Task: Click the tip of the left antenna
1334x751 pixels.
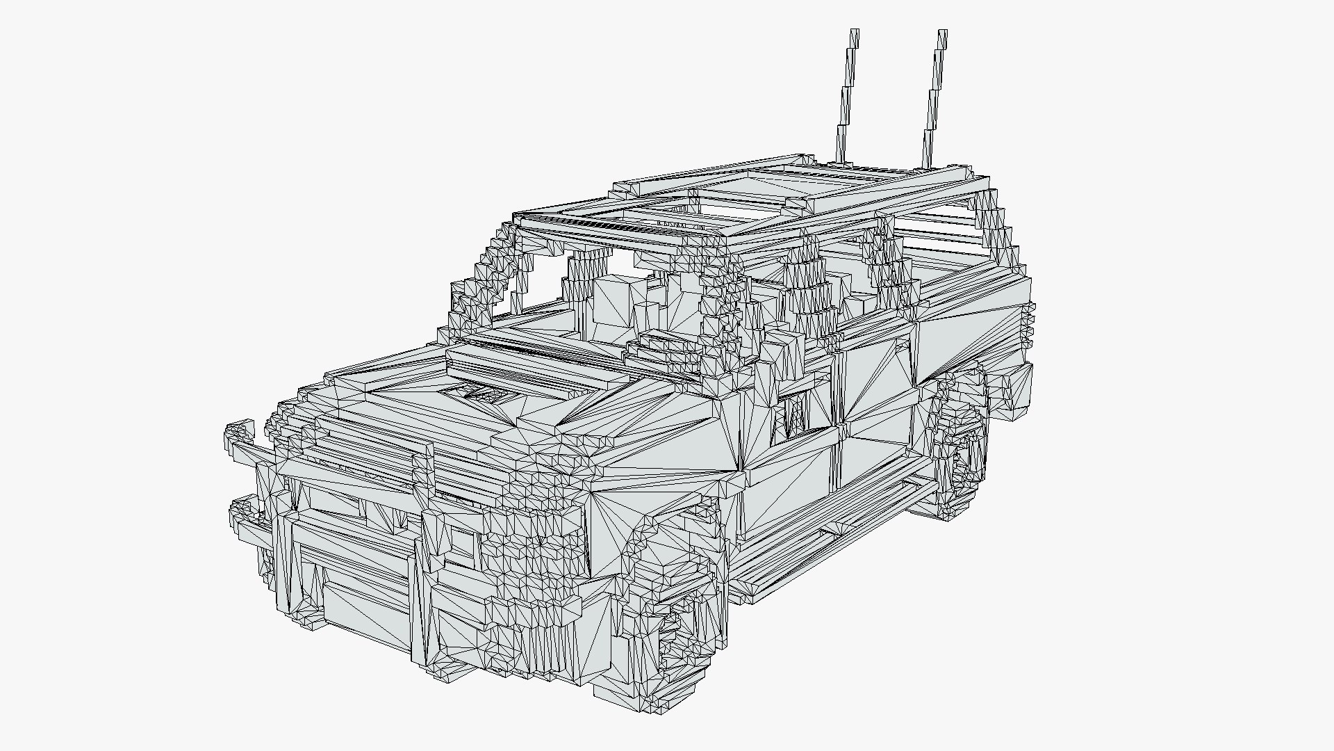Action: (855, 32)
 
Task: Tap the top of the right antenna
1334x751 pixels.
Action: (942, 33)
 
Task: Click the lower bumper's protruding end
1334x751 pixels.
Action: (243, 511)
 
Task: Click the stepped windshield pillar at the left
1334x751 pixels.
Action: (486, 278)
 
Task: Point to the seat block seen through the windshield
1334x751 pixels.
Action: (615, 306)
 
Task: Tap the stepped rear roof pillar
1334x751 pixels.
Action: (1000, 229)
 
